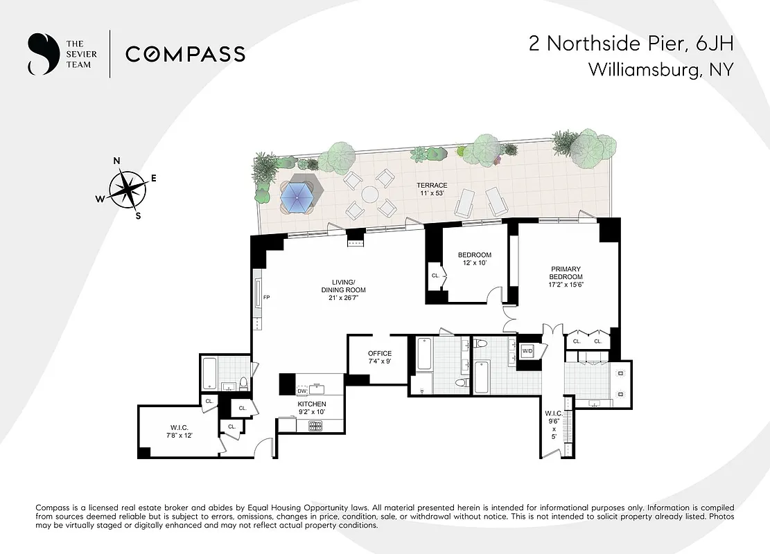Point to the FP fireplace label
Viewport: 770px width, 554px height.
266,298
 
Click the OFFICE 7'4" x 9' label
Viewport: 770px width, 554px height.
379,357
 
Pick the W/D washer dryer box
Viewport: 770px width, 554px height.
527,352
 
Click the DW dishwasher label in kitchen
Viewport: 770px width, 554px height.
301,391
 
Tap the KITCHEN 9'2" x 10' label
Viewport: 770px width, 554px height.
311,408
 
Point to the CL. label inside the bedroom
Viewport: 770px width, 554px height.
435,276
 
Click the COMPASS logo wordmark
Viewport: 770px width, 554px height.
185,54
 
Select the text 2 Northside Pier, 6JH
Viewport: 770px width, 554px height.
630,44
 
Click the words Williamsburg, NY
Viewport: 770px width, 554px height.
660,69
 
